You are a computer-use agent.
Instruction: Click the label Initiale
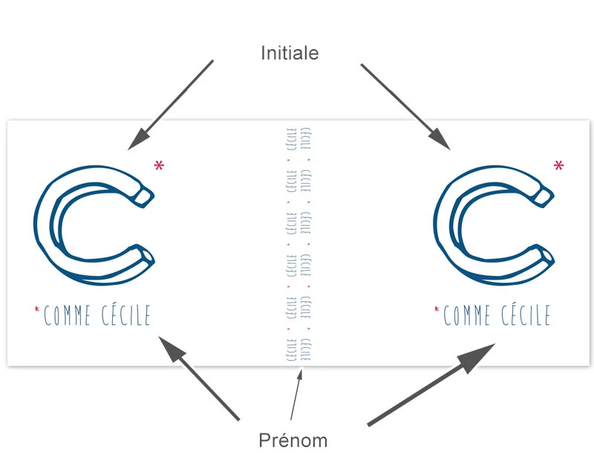[x=290, y=53]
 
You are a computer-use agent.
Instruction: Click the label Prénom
[x=293, y=440]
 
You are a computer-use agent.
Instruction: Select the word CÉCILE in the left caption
[x=125, y=316]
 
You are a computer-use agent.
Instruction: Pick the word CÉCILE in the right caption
[x=524, y=316]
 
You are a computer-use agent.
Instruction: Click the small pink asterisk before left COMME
[x=37, y=308]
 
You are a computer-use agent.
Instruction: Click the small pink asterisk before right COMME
[x=437, y=308]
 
